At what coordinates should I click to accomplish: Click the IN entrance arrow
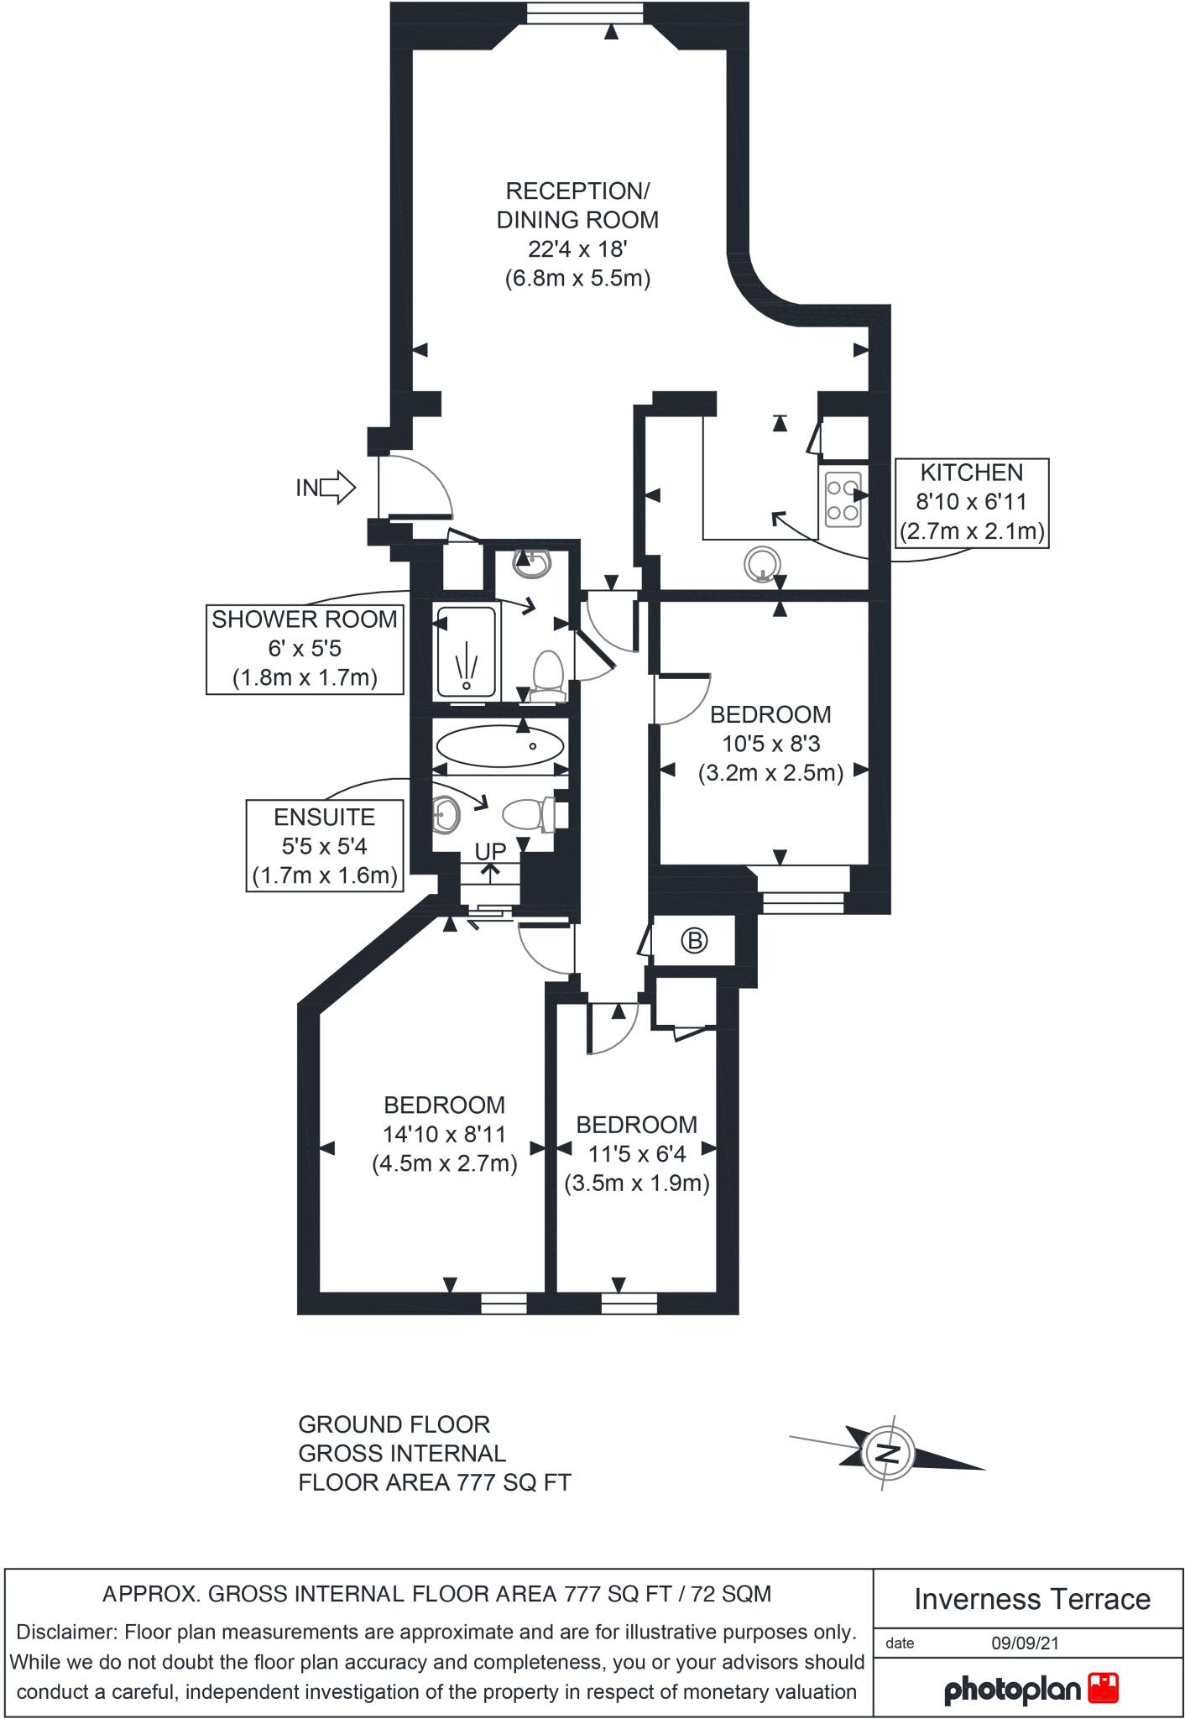click(x=337, y=487)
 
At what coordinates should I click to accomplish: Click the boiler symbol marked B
click(x=694, y=940)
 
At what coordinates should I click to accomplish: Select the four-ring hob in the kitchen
click(x=843, y=500)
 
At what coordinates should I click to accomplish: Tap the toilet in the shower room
click(x=549, y=674)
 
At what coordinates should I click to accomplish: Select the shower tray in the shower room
click(x=467, y=652)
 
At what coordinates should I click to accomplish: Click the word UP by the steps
click(x=491, y=851)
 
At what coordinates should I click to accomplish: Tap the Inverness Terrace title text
click(x=1031, y=1599)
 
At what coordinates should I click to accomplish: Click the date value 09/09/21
click(x=1025, y=1643)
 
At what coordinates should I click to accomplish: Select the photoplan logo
click(x=1031, y=1689)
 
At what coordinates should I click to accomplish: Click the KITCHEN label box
click(x=972, y=502)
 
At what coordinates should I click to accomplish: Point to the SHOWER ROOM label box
click(x=305, y=649)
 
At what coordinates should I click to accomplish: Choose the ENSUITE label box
click(x=325, y=846)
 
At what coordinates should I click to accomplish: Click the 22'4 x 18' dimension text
click(x=577, y=248)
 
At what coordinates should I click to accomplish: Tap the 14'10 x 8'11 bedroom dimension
click(x=445, y=1134)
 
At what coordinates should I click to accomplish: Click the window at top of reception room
click(x=585, y=13)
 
